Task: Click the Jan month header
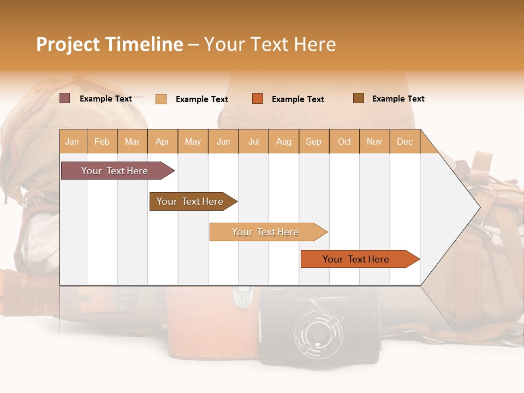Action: coord(73,141)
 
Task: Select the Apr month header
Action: coord(163,141)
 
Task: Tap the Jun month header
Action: coord(223,141)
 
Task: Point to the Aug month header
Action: coord(284,141)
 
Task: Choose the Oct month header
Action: coord(344,141)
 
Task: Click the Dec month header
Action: coord(405,141)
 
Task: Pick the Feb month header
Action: coord(102,141)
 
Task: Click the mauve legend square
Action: coord(65,98)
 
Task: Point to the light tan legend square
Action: coord(161,99)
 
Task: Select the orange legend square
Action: coord(258,99)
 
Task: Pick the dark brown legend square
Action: coord(359,98)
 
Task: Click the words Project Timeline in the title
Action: coord(110,44)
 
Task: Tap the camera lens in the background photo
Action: coord(320,332)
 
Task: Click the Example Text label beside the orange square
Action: coord(298,99)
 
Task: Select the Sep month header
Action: coord(314,141)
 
